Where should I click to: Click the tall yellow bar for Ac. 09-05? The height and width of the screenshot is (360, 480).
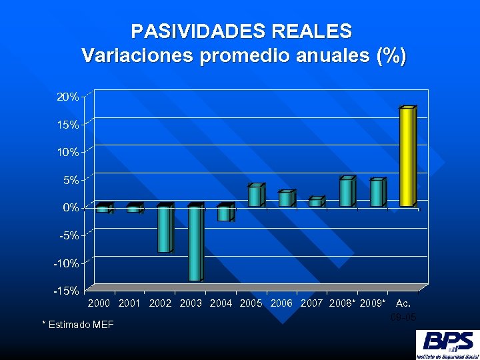[407, 157]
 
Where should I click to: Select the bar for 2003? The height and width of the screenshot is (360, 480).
[194, 243]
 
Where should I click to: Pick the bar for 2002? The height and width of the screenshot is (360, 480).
[164, 229]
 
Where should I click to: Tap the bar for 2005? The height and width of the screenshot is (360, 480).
[255, 196]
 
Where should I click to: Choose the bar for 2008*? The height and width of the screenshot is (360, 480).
[346, 193]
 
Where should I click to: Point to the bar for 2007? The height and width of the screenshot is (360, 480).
[315, 203]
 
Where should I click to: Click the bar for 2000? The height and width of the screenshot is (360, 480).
[103, 209]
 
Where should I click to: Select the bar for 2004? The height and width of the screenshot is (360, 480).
[224, 213]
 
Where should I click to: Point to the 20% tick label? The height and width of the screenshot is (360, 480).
[68, 97]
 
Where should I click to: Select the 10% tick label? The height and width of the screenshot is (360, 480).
[68, 152]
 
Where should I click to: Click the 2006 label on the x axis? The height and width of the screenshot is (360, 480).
[282, 303]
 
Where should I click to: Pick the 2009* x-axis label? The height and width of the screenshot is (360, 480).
[373, 303]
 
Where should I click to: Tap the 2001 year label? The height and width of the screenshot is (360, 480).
[129, 303]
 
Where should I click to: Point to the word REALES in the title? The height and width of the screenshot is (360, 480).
[311, 31]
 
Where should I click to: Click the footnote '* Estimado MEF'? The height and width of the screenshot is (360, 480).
[78, 325]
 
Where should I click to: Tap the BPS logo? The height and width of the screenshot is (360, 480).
[446, 345]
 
